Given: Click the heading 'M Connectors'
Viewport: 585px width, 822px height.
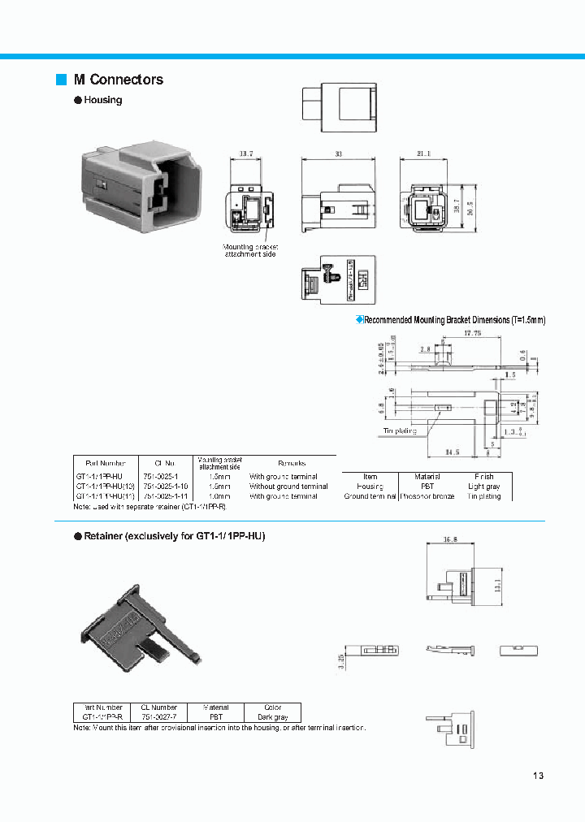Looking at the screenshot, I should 118,80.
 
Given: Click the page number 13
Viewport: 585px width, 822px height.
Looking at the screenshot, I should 538,775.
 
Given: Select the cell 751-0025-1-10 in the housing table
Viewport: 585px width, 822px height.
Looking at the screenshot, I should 167,486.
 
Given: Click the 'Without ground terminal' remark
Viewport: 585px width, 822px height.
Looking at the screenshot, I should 288,486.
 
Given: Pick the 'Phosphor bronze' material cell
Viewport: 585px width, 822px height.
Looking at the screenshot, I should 427,495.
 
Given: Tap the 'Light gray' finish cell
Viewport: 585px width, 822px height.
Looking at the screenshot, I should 483,486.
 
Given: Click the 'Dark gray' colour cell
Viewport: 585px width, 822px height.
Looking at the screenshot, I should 273,717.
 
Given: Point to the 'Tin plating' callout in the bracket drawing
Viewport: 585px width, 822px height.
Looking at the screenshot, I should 400,431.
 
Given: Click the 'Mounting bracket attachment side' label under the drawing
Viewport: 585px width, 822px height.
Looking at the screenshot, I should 250,250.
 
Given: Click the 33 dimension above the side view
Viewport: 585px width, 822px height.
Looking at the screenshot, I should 338,153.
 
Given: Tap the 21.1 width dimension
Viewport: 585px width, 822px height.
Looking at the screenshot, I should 425,153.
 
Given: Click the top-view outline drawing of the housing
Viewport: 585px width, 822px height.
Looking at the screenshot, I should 340,108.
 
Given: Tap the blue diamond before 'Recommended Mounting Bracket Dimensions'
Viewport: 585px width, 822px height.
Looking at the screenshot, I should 360,319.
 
